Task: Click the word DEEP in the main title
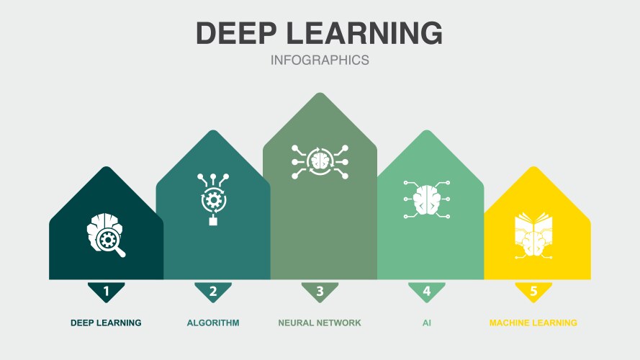[237, 32]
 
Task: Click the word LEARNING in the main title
[364, 32]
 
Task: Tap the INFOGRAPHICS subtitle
[320, 60]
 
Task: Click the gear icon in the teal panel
[212, 199]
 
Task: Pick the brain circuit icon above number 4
[426, 199]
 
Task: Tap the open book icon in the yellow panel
[533, 235]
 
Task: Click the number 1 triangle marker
[106, 292]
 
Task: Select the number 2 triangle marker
[213, 292]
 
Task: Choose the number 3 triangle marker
[320, 292]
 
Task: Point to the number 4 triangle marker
[426, 292]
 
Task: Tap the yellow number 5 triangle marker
[533, 292]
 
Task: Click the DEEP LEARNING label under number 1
[106, 323]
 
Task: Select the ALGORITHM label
[213, 323]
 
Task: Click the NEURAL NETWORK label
[320, 323]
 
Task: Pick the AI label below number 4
[426, 323]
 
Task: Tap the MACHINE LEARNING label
[533, 323]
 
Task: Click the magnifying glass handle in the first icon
[120, 252]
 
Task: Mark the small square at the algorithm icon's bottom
[213, 221]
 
